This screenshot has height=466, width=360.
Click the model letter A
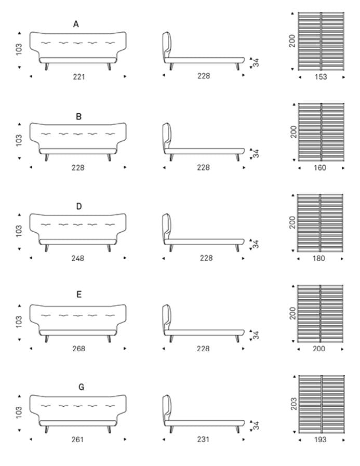point(76,24)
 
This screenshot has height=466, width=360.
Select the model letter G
point(81,387)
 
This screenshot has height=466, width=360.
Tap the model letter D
point(79,206)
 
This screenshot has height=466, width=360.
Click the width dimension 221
point(79,77)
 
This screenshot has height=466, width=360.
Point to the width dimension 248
point(77,258)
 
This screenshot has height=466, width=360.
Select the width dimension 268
point(79,348)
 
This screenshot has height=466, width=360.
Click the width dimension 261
point(77,440)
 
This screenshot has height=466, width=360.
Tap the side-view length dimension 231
point(203,439)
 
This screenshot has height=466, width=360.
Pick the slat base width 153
point(321,77)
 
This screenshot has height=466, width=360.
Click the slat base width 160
point(320,168)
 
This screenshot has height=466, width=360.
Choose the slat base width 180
point(318,258)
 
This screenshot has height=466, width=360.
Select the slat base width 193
point(320,440)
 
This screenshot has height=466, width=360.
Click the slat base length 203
point(294,404)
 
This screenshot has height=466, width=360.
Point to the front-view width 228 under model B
point(78,168)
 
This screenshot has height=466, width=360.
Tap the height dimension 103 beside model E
point(19,322)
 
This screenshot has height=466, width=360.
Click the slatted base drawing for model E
point(321,314)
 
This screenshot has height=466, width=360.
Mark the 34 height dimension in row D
point(256,244)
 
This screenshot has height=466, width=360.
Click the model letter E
point(79,294)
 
